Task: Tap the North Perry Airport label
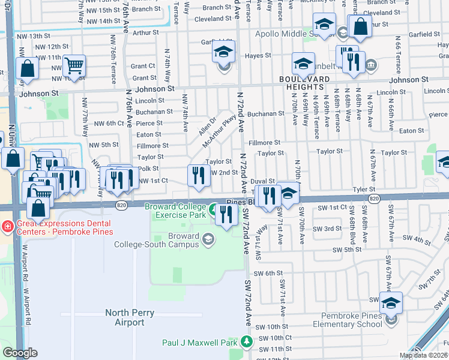point(130,317)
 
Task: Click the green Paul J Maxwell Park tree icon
point(246,341)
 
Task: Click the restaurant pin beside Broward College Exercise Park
point(226,215)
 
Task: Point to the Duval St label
point(262,181)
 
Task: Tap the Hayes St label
point(259,55)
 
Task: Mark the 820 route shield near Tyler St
point(375,199)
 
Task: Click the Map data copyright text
point(423,355)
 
